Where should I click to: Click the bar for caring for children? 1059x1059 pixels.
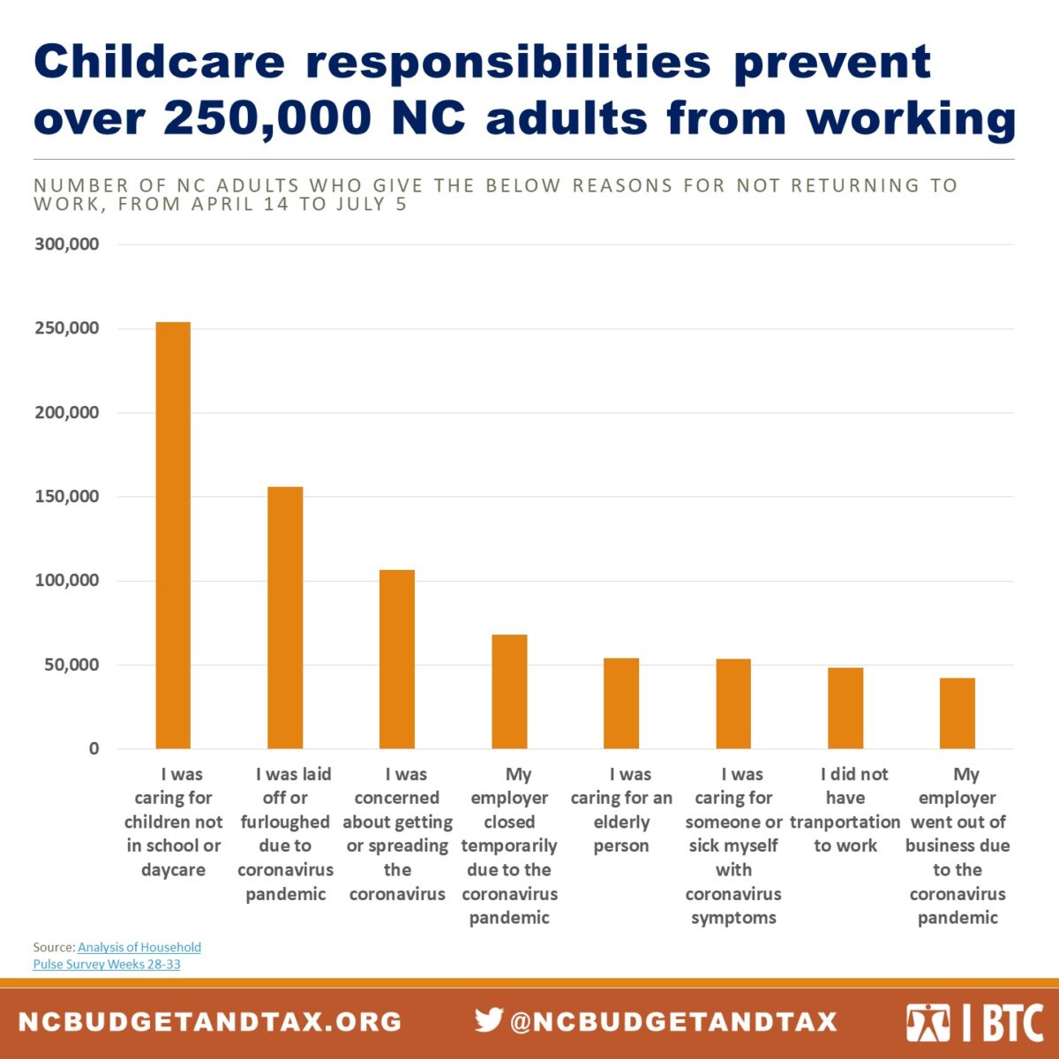(x=173, y=536)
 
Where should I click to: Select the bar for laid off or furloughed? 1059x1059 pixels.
(x=285, y=618)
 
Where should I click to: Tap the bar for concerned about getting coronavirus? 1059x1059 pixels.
(x=397, y=659)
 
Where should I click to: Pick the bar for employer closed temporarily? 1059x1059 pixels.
(x=509, y=692)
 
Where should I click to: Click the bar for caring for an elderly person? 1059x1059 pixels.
(x=621, y=703)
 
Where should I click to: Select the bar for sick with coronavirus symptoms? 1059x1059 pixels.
(x=733, y=704)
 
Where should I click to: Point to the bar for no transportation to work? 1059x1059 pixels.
(x=845, y=709)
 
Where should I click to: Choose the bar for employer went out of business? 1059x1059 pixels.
(x=958, y=713)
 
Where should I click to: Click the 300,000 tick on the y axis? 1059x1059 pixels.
(x=67, y=244)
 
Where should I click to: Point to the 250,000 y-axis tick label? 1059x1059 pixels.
(x=67, y=328)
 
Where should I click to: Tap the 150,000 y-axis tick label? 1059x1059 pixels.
(x=67, y=497)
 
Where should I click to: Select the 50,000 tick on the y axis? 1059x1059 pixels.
(x=71, y=665)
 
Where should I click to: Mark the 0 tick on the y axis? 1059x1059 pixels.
(x=94, y=749)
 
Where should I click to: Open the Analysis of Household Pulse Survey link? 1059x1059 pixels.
(x=139, y=948)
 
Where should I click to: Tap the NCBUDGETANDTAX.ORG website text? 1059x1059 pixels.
(x=210, y=1022)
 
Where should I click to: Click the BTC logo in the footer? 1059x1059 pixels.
(x=974, y=1023)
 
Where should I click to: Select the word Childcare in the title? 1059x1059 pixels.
(x=160, y=62)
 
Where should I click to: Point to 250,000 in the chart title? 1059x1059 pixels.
(x=267, y=118)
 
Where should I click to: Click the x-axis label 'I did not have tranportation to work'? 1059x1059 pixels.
(x=845, y=809)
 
